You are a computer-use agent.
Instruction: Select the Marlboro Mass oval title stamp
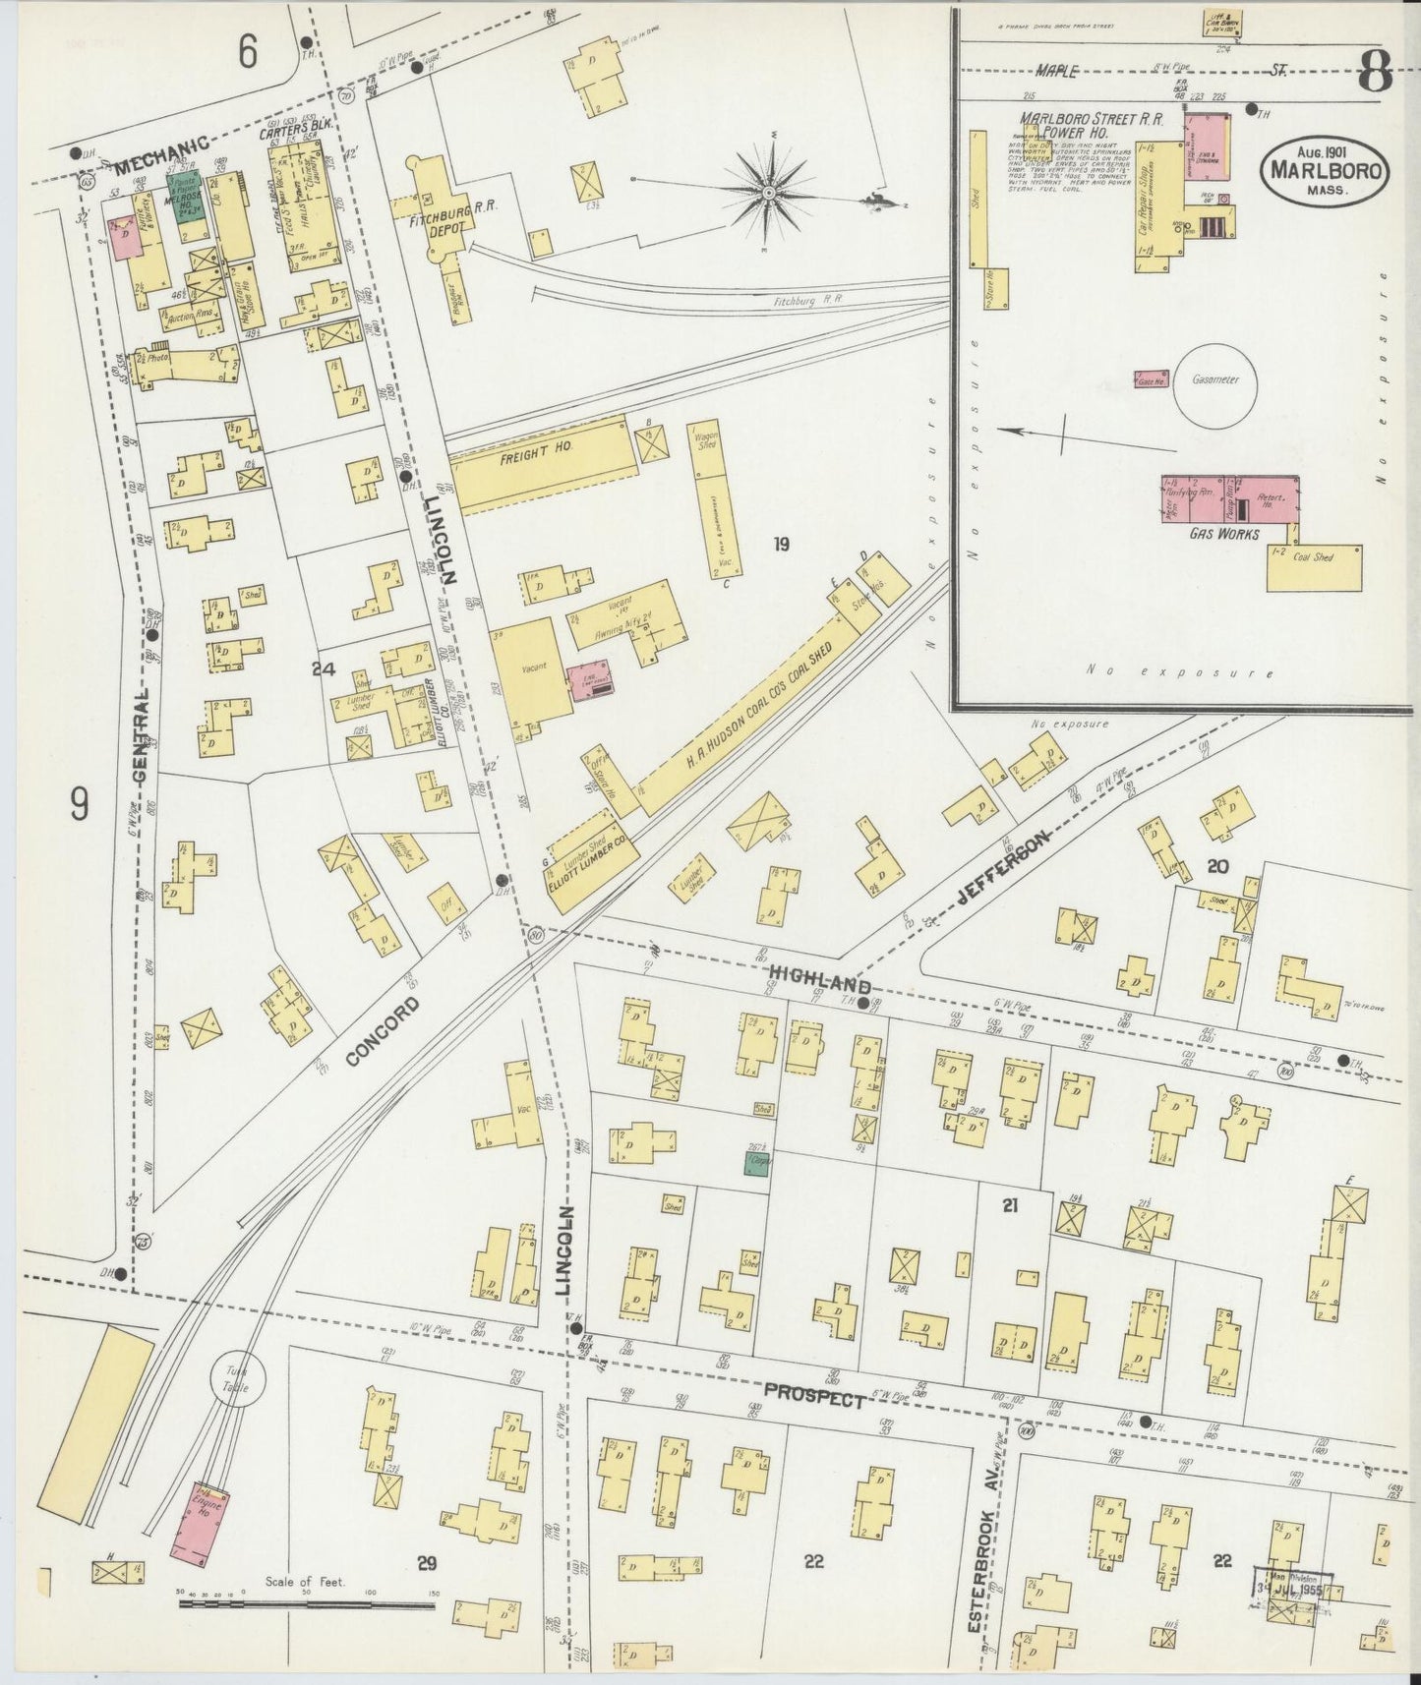(1324, 172)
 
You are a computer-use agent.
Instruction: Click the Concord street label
(384, 1031)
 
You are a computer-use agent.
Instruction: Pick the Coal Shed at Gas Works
(1314, 567)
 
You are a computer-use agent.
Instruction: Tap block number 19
(781, 544)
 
